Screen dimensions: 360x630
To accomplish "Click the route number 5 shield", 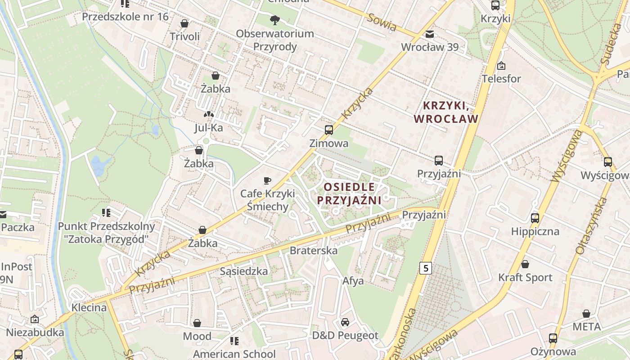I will [x=425, y=269].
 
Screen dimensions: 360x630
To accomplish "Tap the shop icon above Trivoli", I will [x=184, y=23].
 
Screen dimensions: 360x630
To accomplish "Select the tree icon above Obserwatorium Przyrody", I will [x=274, y=20].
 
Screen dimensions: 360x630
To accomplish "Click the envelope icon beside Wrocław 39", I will [x=430, y=34].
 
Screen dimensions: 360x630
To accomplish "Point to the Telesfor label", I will [x=501, y=79].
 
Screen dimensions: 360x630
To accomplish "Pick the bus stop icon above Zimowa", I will [x=329, y=130].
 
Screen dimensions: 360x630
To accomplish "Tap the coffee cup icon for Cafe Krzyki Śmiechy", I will [x=267, y=181].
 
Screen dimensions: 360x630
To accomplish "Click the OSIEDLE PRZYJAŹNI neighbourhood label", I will [x=349, y=193].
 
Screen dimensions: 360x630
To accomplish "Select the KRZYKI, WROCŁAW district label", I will [x=445, y=112].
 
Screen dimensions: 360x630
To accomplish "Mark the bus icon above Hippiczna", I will [x=535, y=218].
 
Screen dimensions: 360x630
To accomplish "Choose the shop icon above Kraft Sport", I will [x=525, y=264].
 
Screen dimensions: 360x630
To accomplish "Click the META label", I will [x=586, y=327].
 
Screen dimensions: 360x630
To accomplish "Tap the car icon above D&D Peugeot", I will [x=345, y=322].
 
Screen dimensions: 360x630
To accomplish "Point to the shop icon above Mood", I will [x=197, y=323].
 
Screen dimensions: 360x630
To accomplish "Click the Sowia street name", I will [x=382, y=22].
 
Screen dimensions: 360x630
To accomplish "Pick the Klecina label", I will [x=89, y=308].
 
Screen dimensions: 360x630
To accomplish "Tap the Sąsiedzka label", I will [x=244, y=271].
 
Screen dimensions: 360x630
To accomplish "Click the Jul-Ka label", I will [x=208, y=128].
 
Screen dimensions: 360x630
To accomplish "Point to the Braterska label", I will [x=314, y=251].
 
